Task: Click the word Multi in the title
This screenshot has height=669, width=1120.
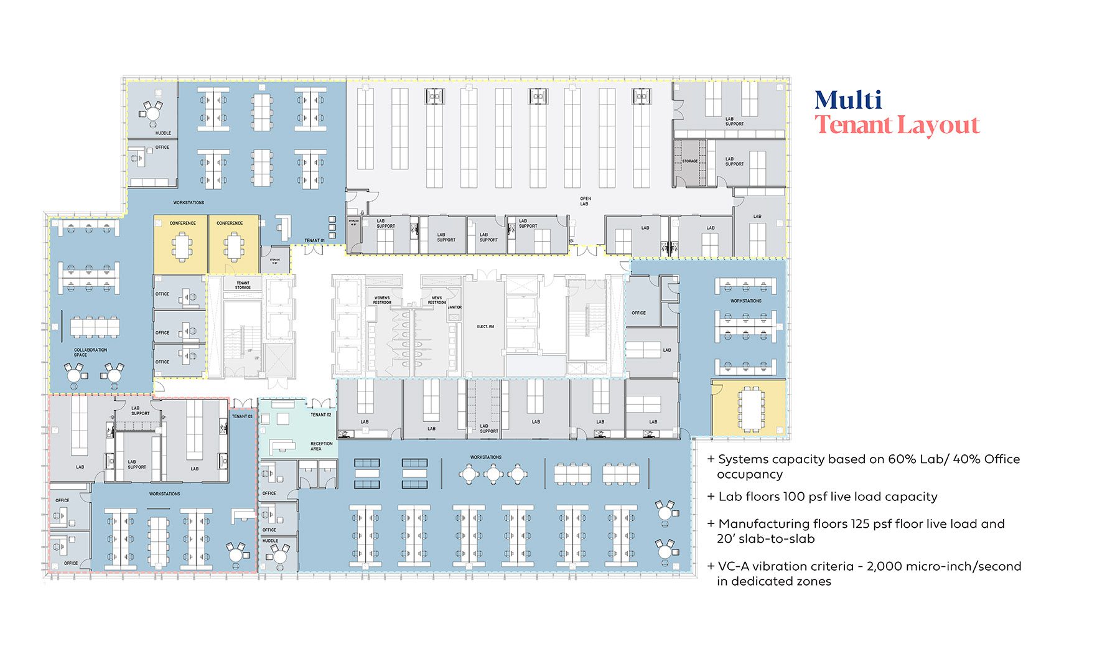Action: click(848, 100)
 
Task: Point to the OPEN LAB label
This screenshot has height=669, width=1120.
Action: click(585, 201)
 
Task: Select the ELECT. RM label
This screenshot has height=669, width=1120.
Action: click(485, 326)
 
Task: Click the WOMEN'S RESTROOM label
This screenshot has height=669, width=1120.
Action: click(381, 300)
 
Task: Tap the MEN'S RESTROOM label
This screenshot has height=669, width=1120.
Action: click(437, 300)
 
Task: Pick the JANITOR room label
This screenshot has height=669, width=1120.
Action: click(455, 307)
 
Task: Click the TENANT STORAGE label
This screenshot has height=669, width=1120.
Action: click(243, 285)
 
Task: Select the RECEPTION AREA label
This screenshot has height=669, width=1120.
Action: click(317, 446)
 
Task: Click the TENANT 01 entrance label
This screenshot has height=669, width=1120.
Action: click(314, 240)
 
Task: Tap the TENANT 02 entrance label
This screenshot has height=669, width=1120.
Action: click(320, 414)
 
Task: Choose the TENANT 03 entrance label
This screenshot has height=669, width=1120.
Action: click(242, 416)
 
